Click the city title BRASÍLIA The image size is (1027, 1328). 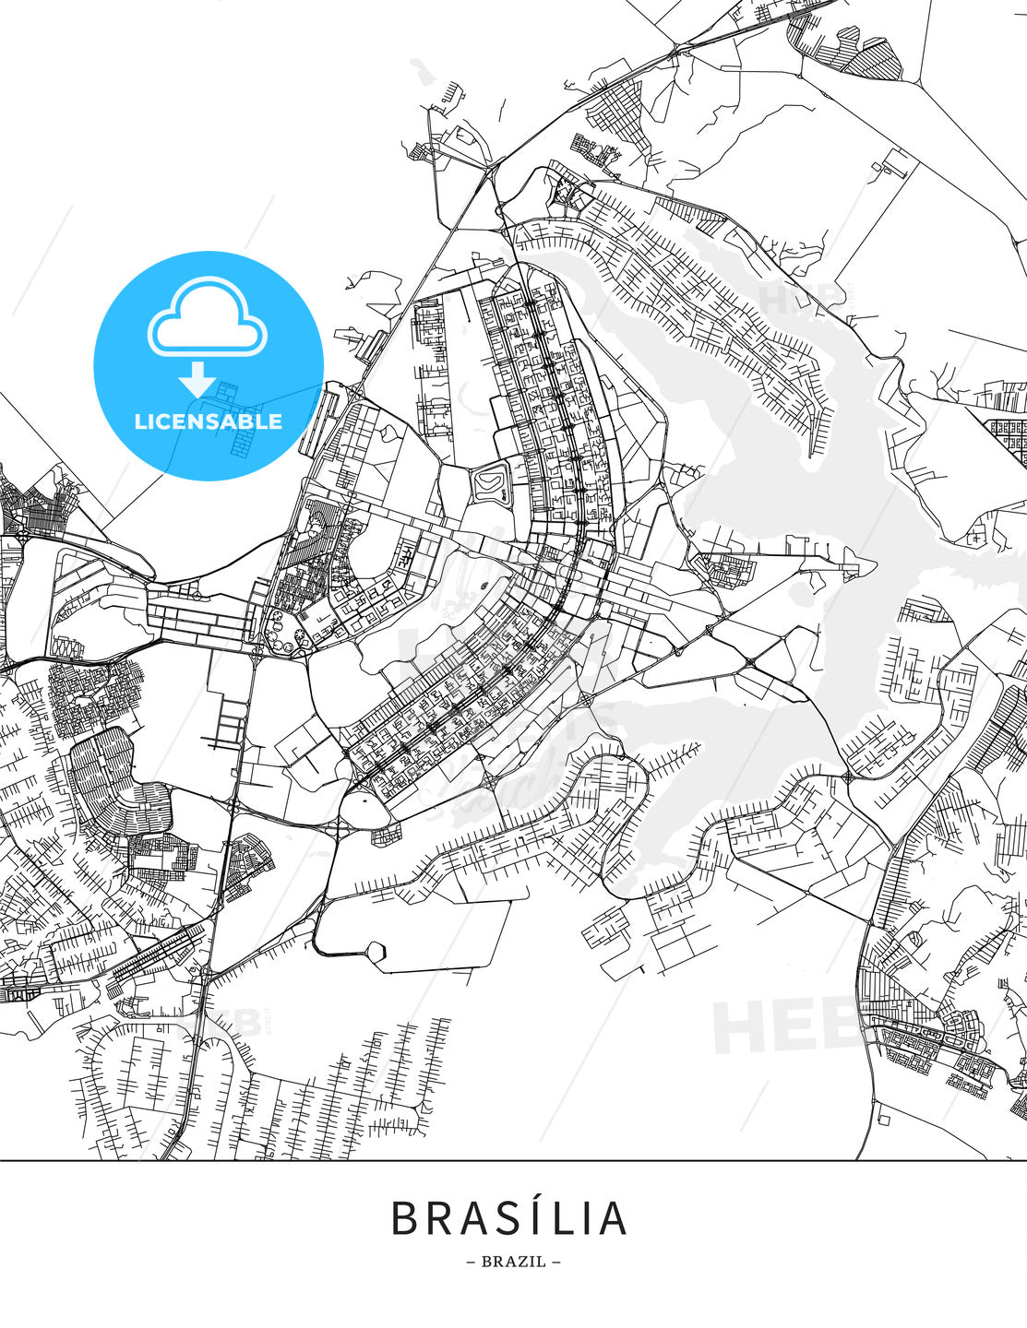tap(510, 1218)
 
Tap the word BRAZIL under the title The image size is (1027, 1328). tap(514, 1262)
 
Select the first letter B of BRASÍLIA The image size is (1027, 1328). tap(405, 1219)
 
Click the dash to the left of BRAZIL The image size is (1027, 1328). tap(472, 1262)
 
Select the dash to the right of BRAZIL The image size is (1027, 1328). tap(555, 1262)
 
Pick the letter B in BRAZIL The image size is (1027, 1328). tap(486, 1262)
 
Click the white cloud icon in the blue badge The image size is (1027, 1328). tap(208, 317)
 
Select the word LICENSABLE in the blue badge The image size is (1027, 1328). tap(209, 422)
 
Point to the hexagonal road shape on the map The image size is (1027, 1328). tap(376, 952)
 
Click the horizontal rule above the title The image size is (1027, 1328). tap(513, 1160)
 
